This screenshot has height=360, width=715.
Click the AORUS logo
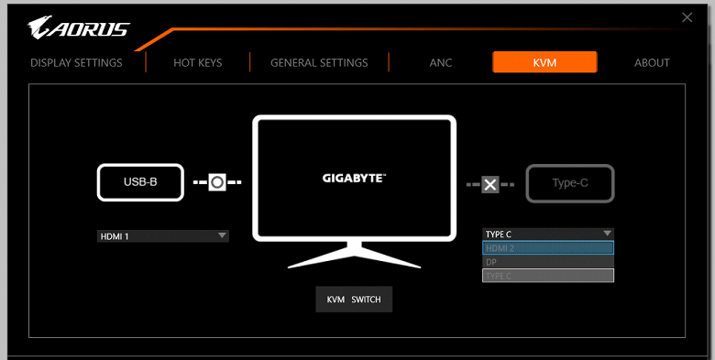pyautogui.click(x=79, y=27)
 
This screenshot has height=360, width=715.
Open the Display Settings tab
pyautogui.click(x=76, y=62)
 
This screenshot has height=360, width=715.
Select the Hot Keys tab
pyautogui.click(x=197, y=62)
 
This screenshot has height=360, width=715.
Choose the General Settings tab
pyautogui.click(x=319, y=62)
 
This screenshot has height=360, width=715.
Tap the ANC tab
pyautogui.click(x=441, y=62)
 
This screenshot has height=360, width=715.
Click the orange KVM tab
pyautogui.click(x=544, y=62)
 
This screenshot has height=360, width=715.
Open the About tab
pyautogui.click(x=652, y=62)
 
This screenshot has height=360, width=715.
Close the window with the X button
pyautogui.click(x=687, y=17)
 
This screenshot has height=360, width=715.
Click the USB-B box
pyautogui.click(x=140, y=182)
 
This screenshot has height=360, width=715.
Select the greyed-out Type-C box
pyautogui.click(x=570, y=183)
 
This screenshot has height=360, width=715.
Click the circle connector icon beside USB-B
pyautogui.click(x=217, y=182)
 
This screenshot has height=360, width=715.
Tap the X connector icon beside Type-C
pyautogui.click(x=489, y=184)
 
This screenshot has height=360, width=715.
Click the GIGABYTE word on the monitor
pyautogui.click(x=354, y=179)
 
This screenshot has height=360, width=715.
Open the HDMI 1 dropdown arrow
pyautogui.click(x=222, y=235)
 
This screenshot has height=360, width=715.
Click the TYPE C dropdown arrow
pyautogui.click(x=607, y=234)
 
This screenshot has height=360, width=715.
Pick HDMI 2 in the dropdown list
pyautogui.click(x=548, y=248)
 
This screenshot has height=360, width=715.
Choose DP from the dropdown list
pyautogui.click(x=548, y=262)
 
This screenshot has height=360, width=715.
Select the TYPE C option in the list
pyautogui.click(x=548, y=276)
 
